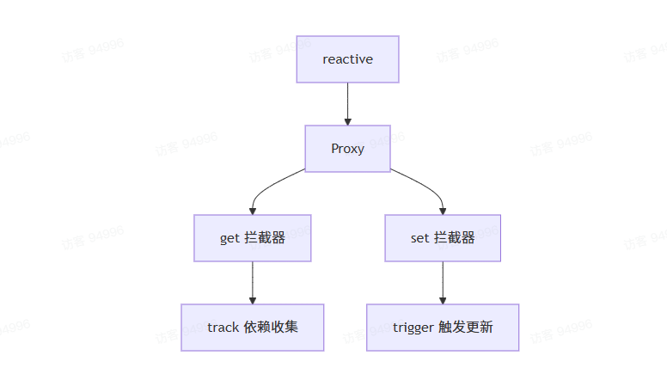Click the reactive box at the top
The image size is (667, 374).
(347, 59)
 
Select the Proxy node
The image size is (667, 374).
(347, 149)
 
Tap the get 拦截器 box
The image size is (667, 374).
(252, 238)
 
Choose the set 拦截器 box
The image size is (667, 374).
(443, 238)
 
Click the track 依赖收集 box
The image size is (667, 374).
(252, 328)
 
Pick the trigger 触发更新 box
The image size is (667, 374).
(443, 328)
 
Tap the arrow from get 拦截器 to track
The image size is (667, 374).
(252, 280)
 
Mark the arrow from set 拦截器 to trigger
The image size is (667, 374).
(443, 280)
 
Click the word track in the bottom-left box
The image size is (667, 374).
(223, 328)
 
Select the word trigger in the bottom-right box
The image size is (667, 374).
(413, 328)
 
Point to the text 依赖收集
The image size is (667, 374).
(271, 328)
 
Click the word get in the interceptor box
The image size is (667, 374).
(229, 238)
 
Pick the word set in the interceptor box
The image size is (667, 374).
(419, 238)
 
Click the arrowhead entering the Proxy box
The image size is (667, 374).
(347, 121)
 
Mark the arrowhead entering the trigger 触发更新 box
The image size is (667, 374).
(443, 299)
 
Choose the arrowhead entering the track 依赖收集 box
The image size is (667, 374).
(252, 299)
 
